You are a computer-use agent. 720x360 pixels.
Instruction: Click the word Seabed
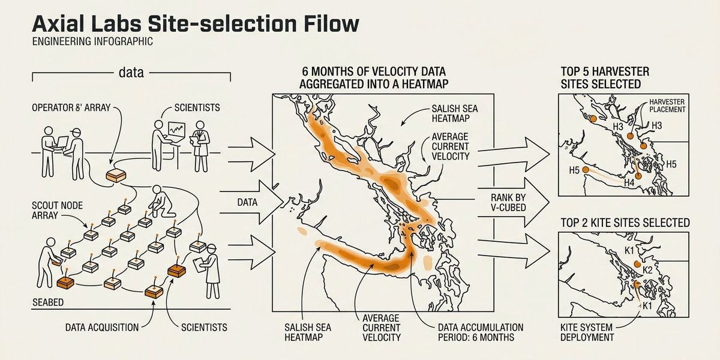click(x=48, y=303)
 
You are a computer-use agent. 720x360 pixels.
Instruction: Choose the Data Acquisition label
click(x=102, y=328)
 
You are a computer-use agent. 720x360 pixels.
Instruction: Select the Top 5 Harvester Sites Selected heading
click(x=605, y=78)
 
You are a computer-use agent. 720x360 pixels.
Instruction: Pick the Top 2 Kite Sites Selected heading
click(x=624, y=223)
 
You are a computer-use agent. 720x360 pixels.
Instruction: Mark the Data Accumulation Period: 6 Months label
click(x=480, y=332)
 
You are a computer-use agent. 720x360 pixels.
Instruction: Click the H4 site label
click(x=629, y=182)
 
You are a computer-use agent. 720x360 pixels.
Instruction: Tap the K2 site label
click(x=647, y=270)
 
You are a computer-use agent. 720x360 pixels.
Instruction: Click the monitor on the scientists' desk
click(x=176, y=128)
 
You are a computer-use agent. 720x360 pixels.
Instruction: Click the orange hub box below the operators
click(x=116, y=175)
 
